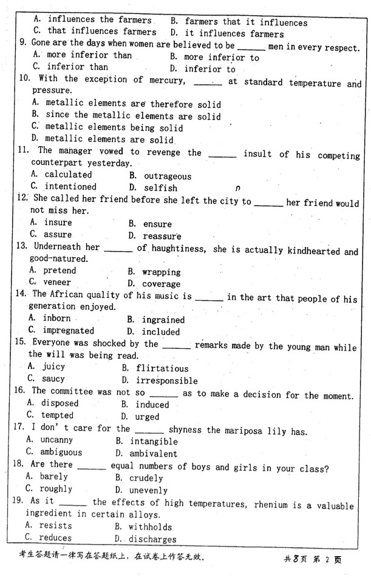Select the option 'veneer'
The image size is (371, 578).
click(x=56, y=282)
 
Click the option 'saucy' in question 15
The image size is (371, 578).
click(x=53, y=378)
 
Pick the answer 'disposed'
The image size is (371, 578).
click(x=60, y=403)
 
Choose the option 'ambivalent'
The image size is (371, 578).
click(x=153, y=454)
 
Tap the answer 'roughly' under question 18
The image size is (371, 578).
click(x=56, y=488)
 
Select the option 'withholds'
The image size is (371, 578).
click(x=150, y=527)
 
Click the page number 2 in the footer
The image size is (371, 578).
click(x=326, y=560)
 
